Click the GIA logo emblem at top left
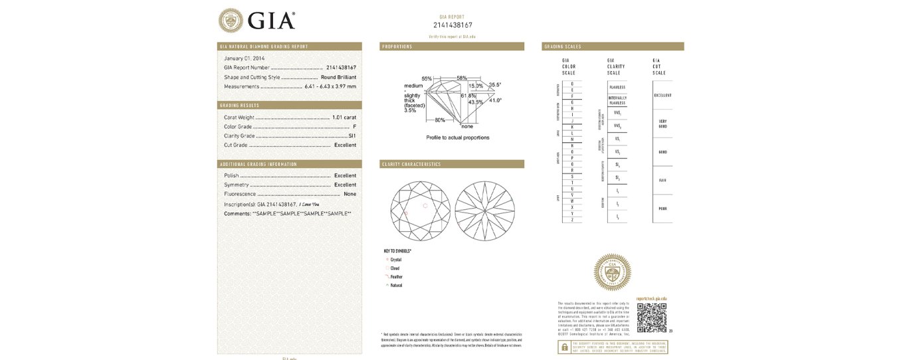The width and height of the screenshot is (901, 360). pos(231,20)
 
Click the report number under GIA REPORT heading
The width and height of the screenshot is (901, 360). pos(452,25)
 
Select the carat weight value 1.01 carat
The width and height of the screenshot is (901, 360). pos(344,118)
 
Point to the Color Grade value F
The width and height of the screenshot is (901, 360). pos(355,126)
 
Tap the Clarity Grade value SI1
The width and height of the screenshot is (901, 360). pos(352,135)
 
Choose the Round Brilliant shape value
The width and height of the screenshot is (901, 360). pos(338,77)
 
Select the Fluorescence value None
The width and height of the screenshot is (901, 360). pos(350,194)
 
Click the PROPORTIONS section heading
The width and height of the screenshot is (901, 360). pos(397,46)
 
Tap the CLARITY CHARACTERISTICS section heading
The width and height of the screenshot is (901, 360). pos(411,164)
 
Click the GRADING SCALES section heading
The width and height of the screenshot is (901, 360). pos(563,46)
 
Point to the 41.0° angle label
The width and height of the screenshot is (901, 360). pos(495,100)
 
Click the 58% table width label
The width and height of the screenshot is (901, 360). pos(462,78)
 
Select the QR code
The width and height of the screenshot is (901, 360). pos(651,317)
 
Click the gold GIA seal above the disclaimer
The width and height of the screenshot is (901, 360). pos(612,272)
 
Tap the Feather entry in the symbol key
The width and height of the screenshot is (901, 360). pos(396,277)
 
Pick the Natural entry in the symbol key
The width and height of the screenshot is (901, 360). pos(396,286)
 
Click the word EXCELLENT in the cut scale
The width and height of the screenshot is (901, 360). pos(662,96)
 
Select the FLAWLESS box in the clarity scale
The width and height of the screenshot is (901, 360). pos(617,88)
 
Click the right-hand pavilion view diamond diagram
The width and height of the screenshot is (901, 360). pos(485,211)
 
